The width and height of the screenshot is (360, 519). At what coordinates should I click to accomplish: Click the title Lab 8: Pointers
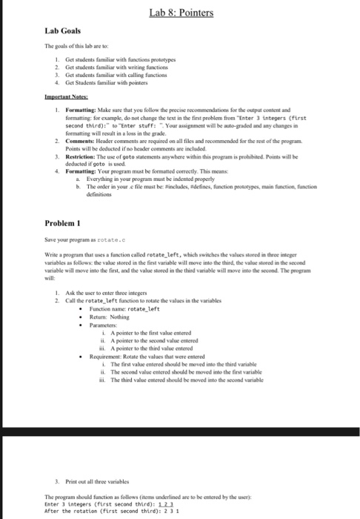click(x=180, y=13)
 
